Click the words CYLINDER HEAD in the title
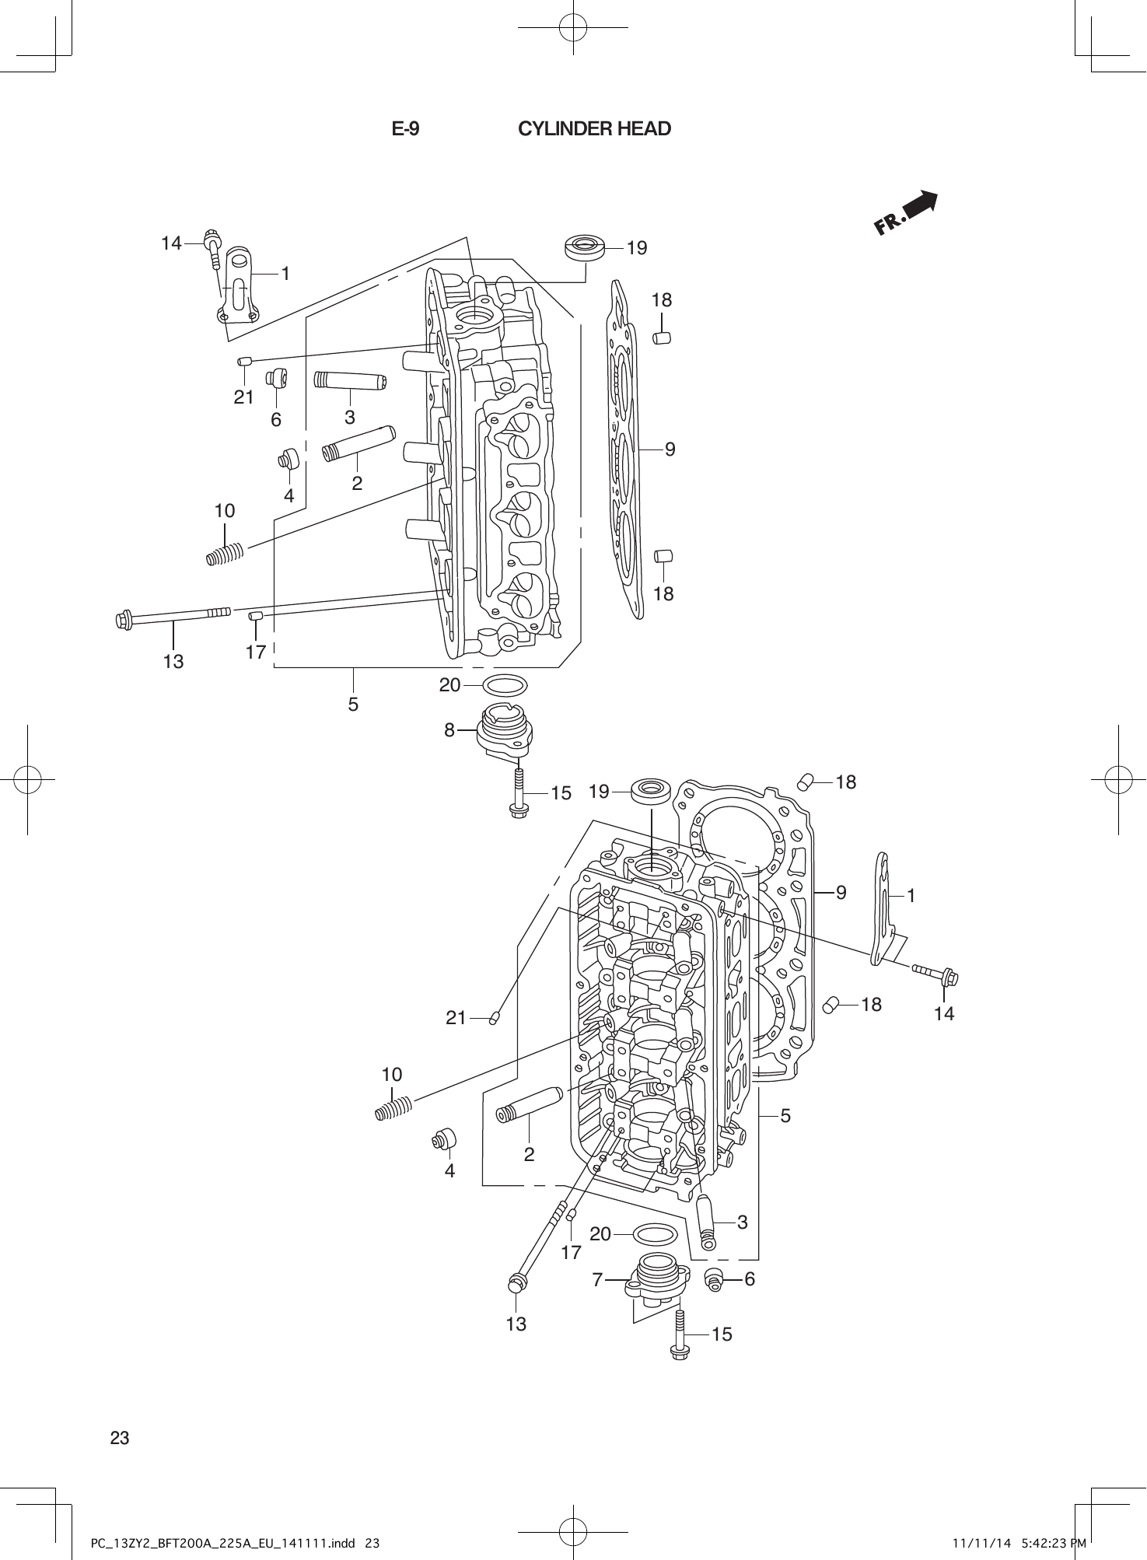pyautogui.click(x=594, y=129)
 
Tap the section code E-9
pyautogui.click(x=405, y=129)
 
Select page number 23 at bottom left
pyautogui.click(x=120, y=1437)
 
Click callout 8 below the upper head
pyautogui.click(x=449, y=730)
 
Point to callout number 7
pyautogui.click(x=597, y=1279)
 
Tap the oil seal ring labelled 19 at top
pyautogui.click(x=585, y=248)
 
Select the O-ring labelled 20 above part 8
pyautogui.click(x=505, y=685)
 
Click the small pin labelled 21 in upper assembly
pyautogui.click(x=243, y=361)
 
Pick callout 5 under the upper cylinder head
pyautogui.click(x=353, y=704)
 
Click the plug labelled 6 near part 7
pyautogui.click(x=713, y=1278)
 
